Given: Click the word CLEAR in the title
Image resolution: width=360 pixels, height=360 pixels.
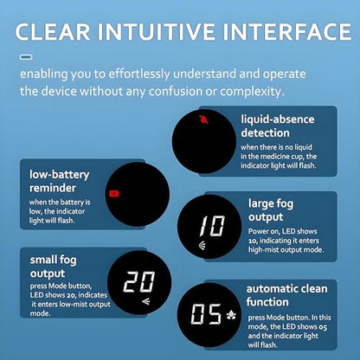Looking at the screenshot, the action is pyautogui.click(x=53, y=31).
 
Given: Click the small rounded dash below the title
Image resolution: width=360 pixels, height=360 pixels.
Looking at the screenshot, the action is pyautogui.click(x=26, y=57).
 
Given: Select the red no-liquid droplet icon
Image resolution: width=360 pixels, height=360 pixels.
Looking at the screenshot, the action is pyautogui.click(x=203, y=119).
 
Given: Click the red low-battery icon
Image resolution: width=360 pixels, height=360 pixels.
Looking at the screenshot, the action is pyautogui.click(x=114, y=193).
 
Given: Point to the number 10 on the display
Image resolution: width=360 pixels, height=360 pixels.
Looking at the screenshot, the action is pyautogui.click(x=212, y=226).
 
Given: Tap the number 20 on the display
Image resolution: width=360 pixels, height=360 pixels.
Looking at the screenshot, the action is pyautogui.click(x=139, y=281).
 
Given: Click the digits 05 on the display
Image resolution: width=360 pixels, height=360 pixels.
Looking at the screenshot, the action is pyautogui.click(x=206, y=314).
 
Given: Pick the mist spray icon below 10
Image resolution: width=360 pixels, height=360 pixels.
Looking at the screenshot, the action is pyautogui.click(x=202, y=246).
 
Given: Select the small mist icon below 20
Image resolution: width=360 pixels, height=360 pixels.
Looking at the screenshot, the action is pyautogui.click(x=146, y=302).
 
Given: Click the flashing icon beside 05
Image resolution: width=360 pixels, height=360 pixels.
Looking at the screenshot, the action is pyautogui.click(x=231, y=315).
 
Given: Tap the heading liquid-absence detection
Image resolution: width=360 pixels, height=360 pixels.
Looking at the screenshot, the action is pyautogui.click(x=278, y=126).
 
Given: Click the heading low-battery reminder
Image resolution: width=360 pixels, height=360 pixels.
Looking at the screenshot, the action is pyautogui.click(x=60, y=181).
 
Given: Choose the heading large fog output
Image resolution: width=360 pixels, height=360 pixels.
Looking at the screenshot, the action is pyautogui.click(x=271, y=210).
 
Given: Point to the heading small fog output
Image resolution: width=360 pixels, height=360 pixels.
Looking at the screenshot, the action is pyautogui.click(x=53, y=267).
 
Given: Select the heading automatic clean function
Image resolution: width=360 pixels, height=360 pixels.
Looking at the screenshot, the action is pyautogui.click(x=286, y=295).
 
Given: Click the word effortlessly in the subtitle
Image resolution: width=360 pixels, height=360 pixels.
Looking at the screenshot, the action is pyautogui.click(x=139, y=74).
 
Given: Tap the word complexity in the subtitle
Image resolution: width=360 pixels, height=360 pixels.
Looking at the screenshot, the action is pyautogui.click(x=252, y=92).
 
